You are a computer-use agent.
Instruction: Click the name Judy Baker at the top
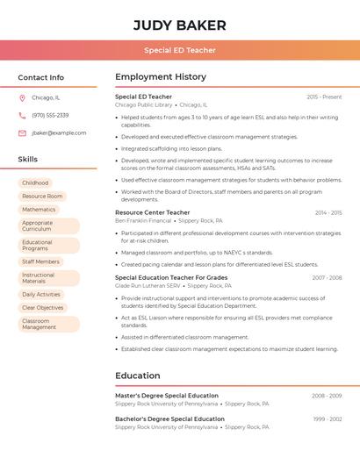pyautogui.click(x=180, y=25)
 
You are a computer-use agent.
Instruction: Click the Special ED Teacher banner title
pyautogui.click(x=180, y=51)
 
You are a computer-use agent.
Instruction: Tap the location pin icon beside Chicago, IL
pyautogui.click(x=22, y=97)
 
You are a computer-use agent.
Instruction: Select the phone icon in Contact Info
pyautogui.click(x=22, y=115)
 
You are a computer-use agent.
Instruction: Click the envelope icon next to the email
pyautogui.click(x=22, y=133)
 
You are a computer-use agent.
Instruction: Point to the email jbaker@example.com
pyautogui.click(x=59, y=133)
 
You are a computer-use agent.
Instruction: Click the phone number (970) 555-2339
pyautogui.click(x=50, y=115)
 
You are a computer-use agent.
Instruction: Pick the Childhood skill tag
pyautogui.click(x=35, y=182)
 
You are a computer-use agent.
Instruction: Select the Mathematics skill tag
pyautogui.click(x=39, y=210)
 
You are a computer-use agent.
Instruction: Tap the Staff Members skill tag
pyautogui.click(x=40, y=261)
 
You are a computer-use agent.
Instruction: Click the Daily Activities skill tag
pyautogui.click(x=41, y=294)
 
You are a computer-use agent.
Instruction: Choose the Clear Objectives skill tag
pyautogui.click(x=43, y=308)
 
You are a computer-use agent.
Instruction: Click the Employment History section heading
pyautogui.click(x=161, y=77)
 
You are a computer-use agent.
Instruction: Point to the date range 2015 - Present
pyautogui.click(x=324, y=97)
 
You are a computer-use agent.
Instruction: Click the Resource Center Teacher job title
pyautogui.click(x=152, y=212)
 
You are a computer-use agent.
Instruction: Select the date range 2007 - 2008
pyautogui.click(x=327, y=277)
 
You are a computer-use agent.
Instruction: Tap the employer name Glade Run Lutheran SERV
pyautogui.click(x=148, y=286)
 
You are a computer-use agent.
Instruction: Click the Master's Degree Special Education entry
pyautogui.click(x=167, y=396)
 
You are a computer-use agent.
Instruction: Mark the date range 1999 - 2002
pyautogui.click(x=327, y=419)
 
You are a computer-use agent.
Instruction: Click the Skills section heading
pyautogui.click(x=28, y=160)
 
